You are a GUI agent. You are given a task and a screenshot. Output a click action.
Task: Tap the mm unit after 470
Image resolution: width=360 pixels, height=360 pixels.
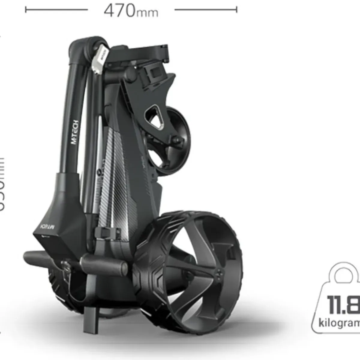click(x=147, y=13)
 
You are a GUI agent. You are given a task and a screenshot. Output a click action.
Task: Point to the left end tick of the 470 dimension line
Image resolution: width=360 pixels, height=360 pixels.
click(x=26, y=10)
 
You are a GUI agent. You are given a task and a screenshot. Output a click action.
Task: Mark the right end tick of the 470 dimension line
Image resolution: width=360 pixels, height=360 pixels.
click(x=237, y=10)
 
